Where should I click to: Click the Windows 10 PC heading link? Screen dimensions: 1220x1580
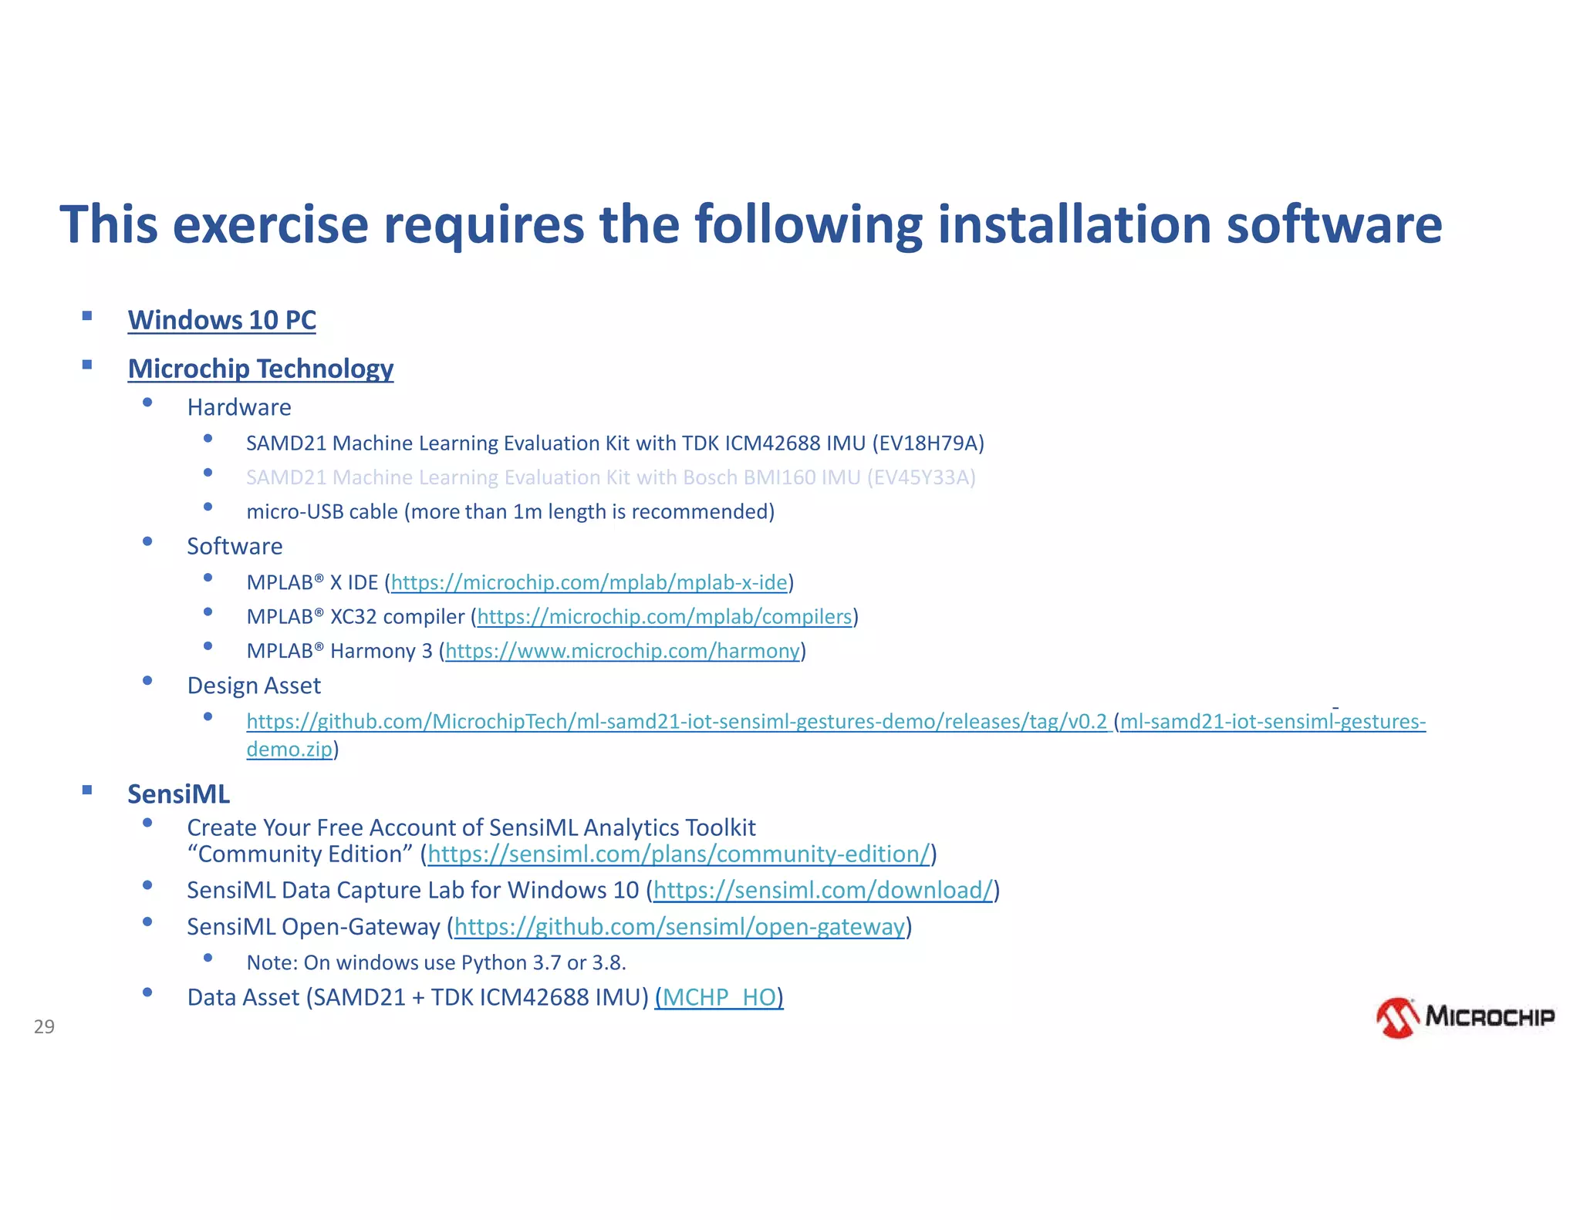(221, 320)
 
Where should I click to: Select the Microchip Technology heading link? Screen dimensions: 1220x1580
(260, 369)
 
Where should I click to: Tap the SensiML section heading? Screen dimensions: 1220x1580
(178, 794)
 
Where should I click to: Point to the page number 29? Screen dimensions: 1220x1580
(44, 1026)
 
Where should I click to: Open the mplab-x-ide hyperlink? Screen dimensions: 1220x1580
(589, 582)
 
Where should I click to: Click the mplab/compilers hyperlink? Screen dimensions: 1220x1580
(664, 617)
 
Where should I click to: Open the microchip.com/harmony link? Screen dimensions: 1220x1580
(622, 651)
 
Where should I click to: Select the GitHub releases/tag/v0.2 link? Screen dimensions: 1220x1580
(676, 722)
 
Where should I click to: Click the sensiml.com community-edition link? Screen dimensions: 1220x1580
(678, 854)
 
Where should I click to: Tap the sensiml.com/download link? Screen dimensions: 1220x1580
(822, 890)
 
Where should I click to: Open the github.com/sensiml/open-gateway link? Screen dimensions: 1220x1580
(679, 926)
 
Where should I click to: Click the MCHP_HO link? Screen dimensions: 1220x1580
(719, 997)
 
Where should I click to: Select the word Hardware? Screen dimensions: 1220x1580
(239, 407)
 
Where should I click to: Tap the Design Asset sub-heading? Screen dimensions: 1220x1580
(254, 686)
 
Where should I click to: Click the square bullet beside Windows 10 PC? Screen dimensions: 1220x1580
(87, 315)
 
